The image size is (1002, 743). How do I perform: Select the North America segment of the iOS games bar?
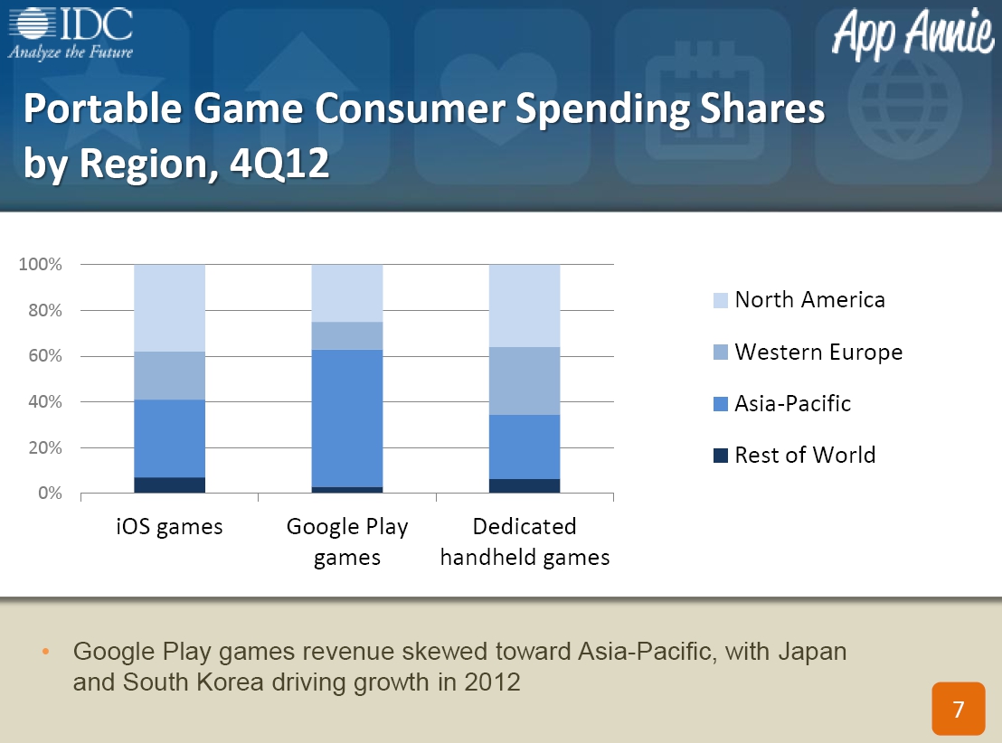pyautogui.click(x=169, y=308)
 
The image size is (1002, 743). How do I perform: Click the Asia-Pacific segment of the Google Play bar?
pyautogui.click(x=347, y=419)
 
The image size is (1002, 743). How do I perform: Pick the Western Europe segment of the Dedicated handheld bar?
pyautogui.click(x=525, y=381)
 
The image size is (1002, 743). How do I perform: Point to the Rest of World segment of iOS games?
pyautogui.click(x=169, y=484)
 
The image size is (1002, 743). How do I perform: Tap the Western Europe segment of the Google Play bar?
pyautogui.click(x=347, y=336)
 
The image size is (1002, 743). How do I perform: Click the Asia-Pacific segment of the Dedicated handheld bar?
pyautogui.click(x=525, y=447)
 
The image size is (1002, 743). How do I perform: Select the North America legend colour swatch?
pyautogui.click(x=720, y=300)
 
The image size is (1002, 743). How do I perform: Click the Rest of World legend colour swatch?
pyautogui.click(x=720, y=456)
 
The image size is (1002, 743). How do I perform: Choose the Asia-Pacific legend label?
pyautogui.click(x=792, y=404)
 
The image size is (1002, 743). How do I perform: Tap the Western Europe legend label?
pyautogui.click(x=818, y=352)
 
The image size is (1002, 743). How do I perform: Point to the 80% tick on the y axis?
pyautogui.click(x=44, y=311)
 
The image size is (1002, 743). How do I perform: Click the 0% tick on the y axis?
pyautogui.click(x=50, y=494)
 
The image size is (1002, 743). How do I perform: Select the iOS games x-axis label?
pyautogui.click(x=169, y=527)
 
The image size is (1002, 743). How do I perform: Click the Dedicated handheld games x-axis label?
pyautogui.click(x=525, y=541)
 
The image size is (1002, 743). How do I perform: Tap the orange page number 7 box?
pyautogui.click(x=958, y=709)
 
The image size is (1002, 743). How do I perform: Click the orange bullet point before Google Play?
pyautogui.click(x=45, y=652)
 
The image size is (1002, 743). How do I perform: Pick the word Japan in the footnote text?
pyautogui.click(x=812, y=652)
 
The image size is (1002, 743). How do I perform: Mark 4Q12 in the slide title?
pyautogui.click(x=279, y=163)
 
